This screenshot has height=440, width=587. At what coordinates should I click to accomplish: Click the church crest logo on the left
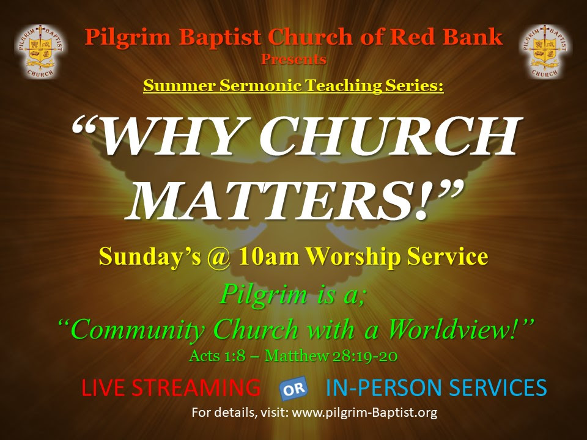[40, 51]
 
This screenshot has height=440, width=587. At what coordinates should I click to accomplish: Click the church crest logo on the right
[545, 51]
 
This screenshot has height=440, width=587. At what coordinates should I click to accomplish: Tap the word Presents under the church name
[293, 59]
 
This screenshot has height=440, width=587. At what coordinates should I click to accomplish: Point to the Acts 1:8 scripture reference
[217, 356]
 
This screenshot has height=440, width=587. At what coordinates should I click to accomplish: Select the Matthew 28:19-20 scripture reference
[331, 356]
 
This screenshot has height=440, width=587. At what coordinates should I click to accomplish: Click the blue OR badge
[294, 389]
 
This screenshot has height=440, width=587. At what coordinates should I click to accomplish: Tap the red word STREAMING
[196, 387]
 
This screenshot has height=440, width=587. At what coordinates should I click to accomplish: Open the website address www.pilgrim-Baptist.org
[364, 413]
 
